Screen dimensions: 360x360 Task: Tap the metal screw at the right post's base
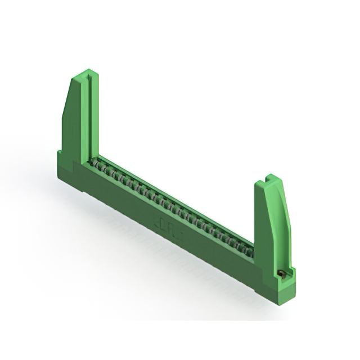click(x=282, y=273)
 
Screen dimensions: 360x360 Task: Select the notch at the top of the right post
click(x=269, y=179)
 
